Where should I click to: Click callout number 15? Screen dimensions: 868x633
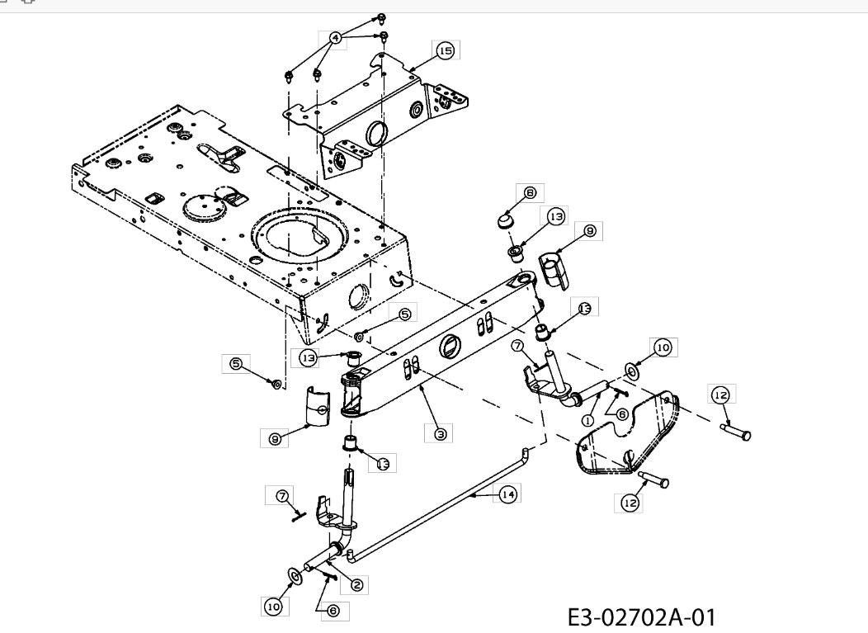(445, 51)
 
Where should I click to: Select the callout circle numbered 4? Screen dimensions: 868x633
(335, 38)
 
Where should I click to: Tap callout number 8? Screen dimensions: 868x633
(530, 193)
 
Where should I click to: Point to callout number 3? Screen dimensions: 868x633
(440, 433)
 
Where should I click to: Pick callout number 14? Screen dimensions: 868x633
(507, 494)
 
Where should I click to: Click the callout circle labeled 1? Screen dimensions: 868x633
(588, 420)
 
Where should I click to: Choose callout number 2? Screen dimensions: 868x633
(356, 585)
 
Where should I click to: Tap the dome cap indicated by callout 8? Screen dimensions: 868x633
(503, 220)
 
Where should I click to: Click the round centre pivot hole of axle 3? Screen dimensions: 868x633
(448, 347)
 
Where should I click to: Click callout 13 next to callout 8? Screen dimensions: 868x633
(555, 216)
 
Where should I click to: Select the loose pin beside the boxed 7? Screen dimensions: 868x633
(299, 516)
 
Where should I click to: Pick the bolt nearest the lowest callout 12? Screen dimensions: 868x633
(653, 479)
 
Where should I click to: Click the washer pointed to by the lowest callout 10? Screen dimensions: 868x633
(295, 575)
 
